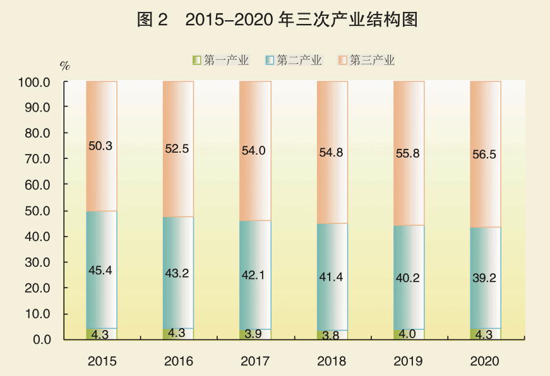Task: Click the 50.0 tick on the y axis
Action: (37, 211)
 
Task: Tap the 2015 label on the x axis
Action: (102, 361)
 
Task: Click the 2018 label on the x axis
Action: (332, 361)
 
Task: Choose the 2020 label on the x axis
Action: (485, 361)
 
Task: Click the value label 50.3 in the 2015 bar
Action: (100, 146)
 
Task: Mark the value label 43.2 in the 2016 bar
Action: (178, 274)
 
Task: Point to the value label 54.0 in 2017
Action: (254, 151)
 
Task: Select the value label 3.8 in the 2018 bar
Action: (332, 336)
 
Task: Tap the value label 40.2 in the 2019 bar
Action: (409, 276)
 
